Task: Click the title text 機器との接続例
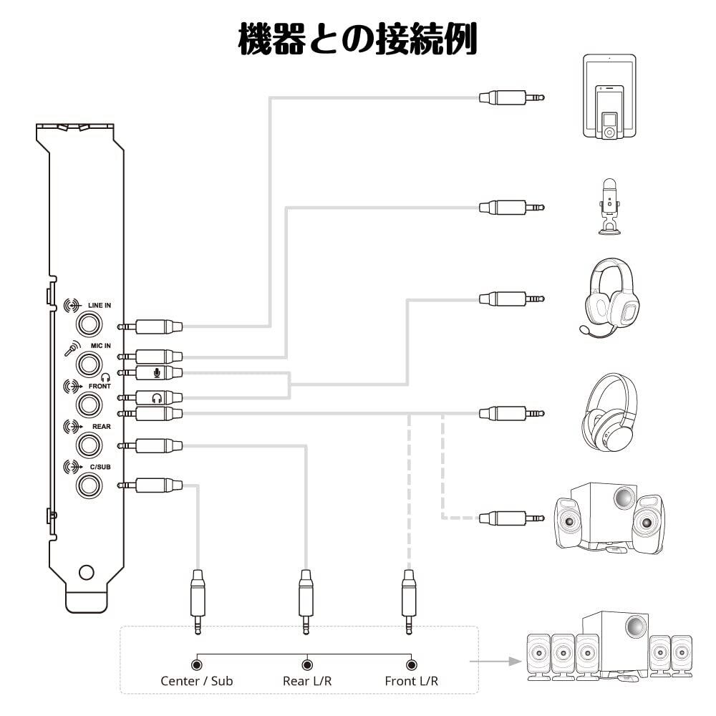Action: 357,39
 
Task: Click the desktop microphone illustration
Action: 609,206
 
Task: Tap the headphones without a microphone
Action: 610,412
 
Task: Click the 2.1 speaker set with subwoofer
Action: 610,517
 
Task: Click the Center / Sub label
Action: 197,681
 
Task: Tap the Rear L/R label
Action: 307,681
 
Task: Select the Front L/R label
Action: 411,681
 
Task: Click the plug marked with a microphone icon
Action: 158,372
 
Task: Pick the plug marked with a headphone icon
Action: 158,397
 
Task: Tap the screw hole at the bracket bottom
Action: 86,572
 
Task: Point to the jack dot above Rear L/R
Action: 307,664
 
